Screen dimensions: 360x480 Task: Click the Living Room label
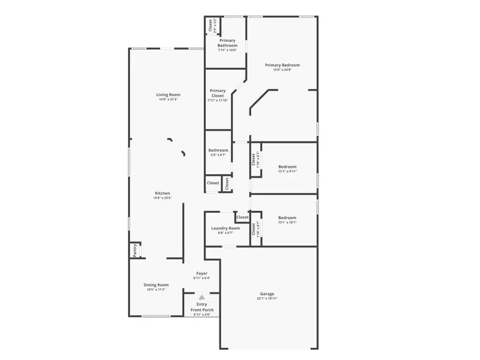(x=164, y=95)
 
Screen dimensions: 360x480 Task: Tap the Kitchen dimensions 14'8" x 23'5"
(x=163, y=198)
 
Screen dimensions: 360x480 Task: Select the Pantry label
(x=135, y=250)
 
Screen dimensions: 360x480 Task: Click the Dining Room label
(x=156, y=285)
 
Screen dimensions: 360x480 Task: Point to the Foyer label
(x=202, y=273)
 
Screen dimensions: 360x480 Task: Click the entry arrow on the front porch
(x=202, y=297)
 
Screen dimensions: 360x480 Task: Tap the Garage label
(x=267, y=294)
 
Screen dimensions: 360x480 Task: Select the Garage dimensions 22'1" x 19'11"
(x=267, y=299)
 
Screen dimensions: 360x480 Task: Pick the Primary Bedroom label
(x=283, y=65)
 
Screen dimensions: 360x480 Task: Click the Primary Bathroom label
(x=227, y=43)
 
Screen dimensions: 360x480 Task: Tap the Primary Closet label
(x=218, y=93)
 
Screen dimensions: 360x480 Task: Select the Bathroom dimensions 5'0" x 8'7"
(x=218, y=155)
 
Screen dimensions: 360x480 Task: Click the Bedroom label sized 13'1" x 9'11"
(x=287, y=166)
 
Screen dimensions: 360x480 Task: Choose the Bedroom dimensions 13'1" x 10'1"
(x=287, y=222)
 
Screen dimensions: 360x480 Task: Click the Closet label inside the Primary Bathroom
(x=210, y=26)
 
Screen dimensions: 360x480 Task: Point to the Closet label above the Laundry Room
(x=243, y=217)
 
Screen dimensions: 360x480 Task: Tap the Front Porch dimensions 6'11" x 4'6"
(x=202, y=315)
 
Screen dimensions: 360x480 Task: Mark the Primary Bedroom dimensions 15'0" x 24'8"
(x=283, y=70)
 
